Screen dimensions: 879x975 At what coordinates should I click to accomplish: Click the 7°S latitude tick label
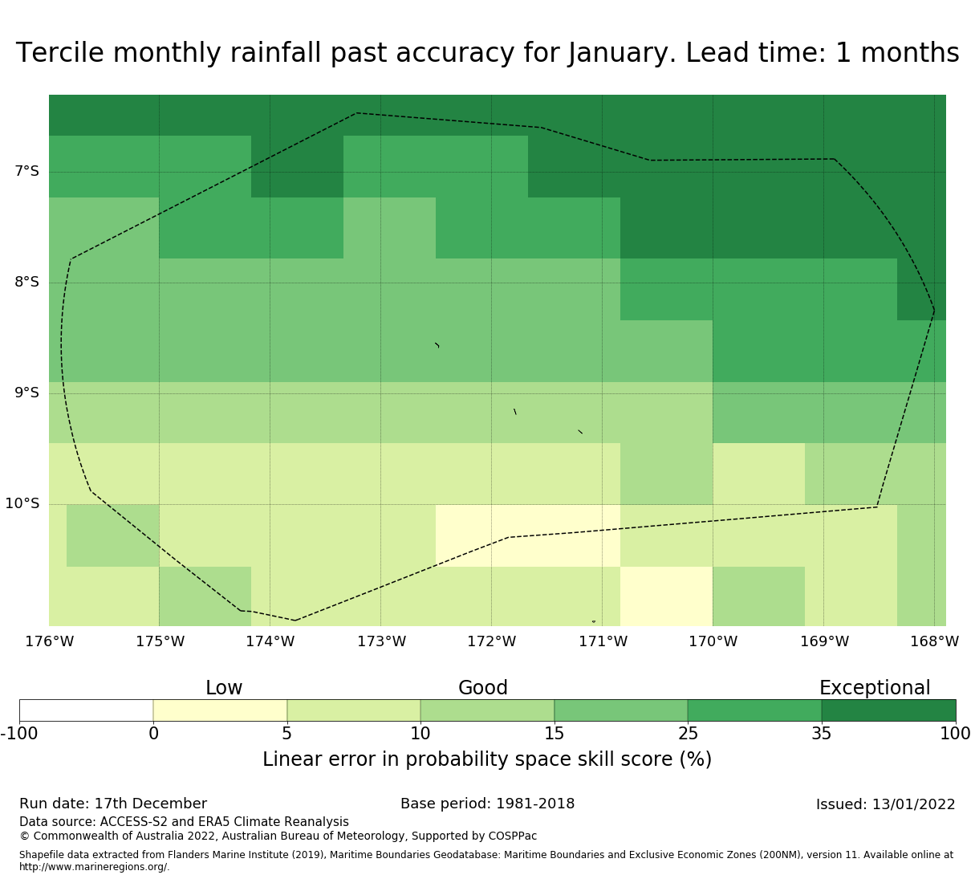click(x=26, y=171)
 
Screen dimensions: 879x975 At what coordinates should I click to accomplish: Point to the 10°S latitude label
click(x=22, y=503)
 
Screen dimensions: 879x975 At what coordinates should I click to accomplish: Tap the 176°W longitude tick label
click(x=49, y=641)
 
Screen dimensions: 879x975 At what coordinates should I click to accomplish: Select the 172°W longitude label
click(x=491, y=641)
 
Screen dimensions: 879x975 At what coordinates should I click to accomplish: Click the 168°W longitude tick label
click(x=934, y=641)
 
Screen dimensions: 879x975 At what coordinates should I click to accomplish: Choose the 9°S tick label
click(x=26, y=393)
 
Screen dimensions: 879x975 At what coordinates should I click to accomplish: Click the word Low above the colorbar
click(x=224, y=688)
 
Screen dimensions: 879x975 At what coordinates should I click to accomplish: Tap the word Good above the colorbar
click(x=483, y=688)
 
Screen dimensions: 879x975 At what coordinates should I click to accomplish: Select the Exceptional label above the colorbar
click(x=875, y=688)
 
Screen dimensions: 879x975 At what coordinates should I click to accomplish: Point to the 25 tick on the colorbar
click(x=688, y=733)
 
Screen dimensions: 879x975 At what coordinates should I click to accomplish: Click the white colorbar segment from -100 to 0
click(x=86, y=710)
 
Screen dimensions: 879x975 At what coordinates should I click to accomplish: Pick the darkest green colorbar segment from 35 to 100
click(x=888, y=710)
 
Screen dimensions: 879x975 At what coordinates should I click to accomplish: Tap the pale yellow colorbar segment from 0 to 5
click(x=220, y=710)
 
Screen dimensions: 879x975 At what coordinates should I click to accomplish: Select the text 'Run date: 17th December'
click(x=113, y=804)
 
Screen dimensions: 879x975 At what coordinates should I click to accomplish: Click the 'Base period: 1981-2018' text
click(x=487, y=804)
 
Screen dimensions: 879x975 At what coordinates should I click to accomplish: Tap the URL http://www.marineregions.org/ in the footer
click(x=94, y=867)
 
